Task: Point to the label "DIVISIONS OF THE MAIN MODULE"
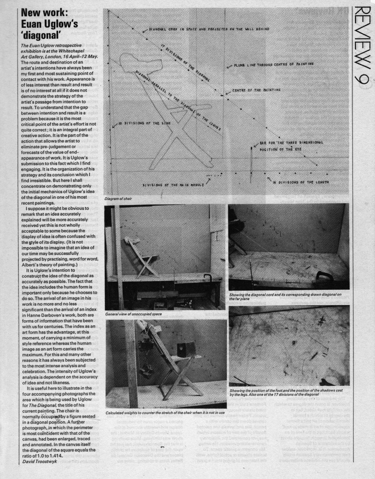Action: pyautogui.click(x=174, y=185)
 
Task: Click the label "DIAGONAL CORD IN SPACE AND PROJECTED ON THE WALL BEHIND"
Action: pyautogui.click(x=209, y=29)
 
